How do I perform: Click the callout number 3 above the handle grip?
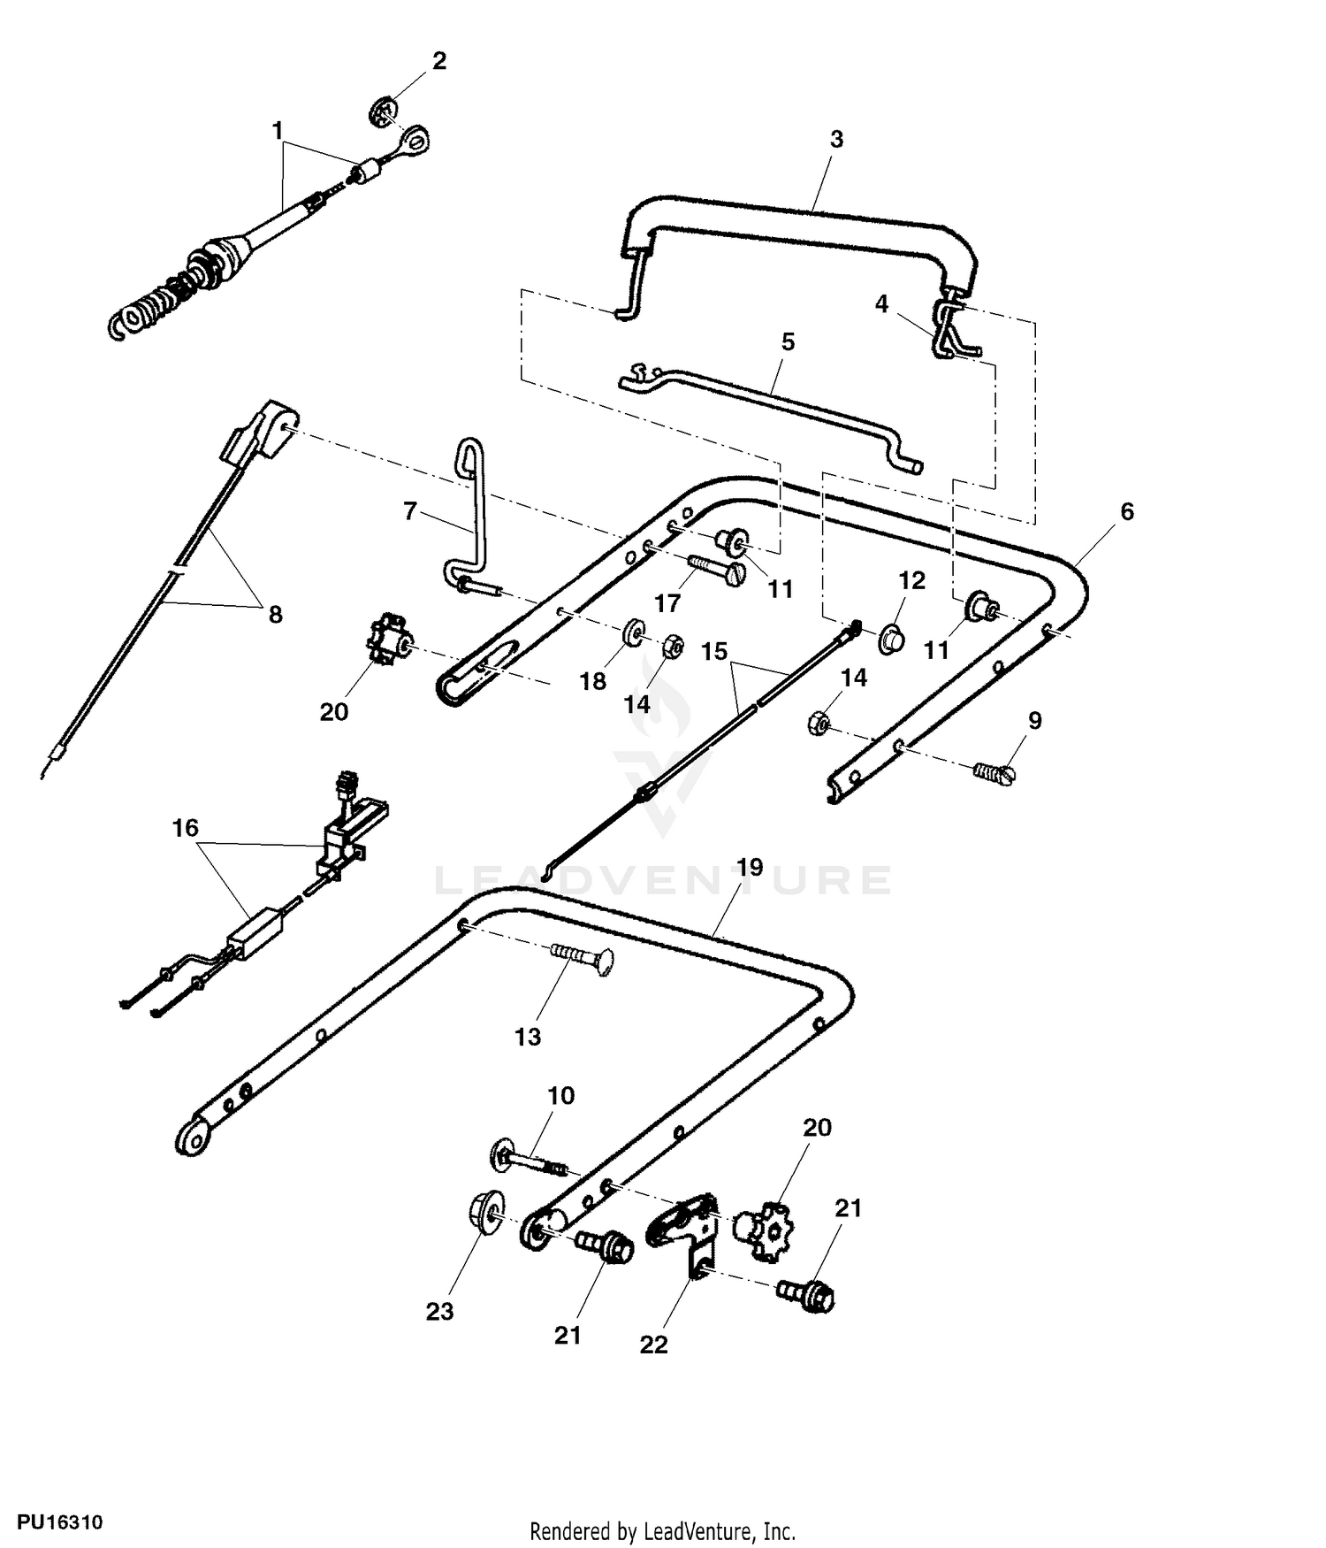pos(836,139)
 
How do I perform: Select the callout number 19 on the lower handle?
pos(750,867)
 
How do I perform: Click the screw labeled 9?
pos(994,771)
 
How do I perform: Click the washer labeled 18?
pos(634,634)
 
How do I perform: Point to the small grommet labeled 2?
pos(383,112)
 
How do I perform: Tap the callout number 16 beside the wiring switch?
pos(186,828)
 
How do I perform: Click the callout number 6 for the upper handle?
pos(1126,511)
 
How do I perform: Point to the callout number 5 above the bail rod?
pos(788,341)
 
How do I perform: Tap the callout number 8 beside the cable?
pos(276,613)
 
